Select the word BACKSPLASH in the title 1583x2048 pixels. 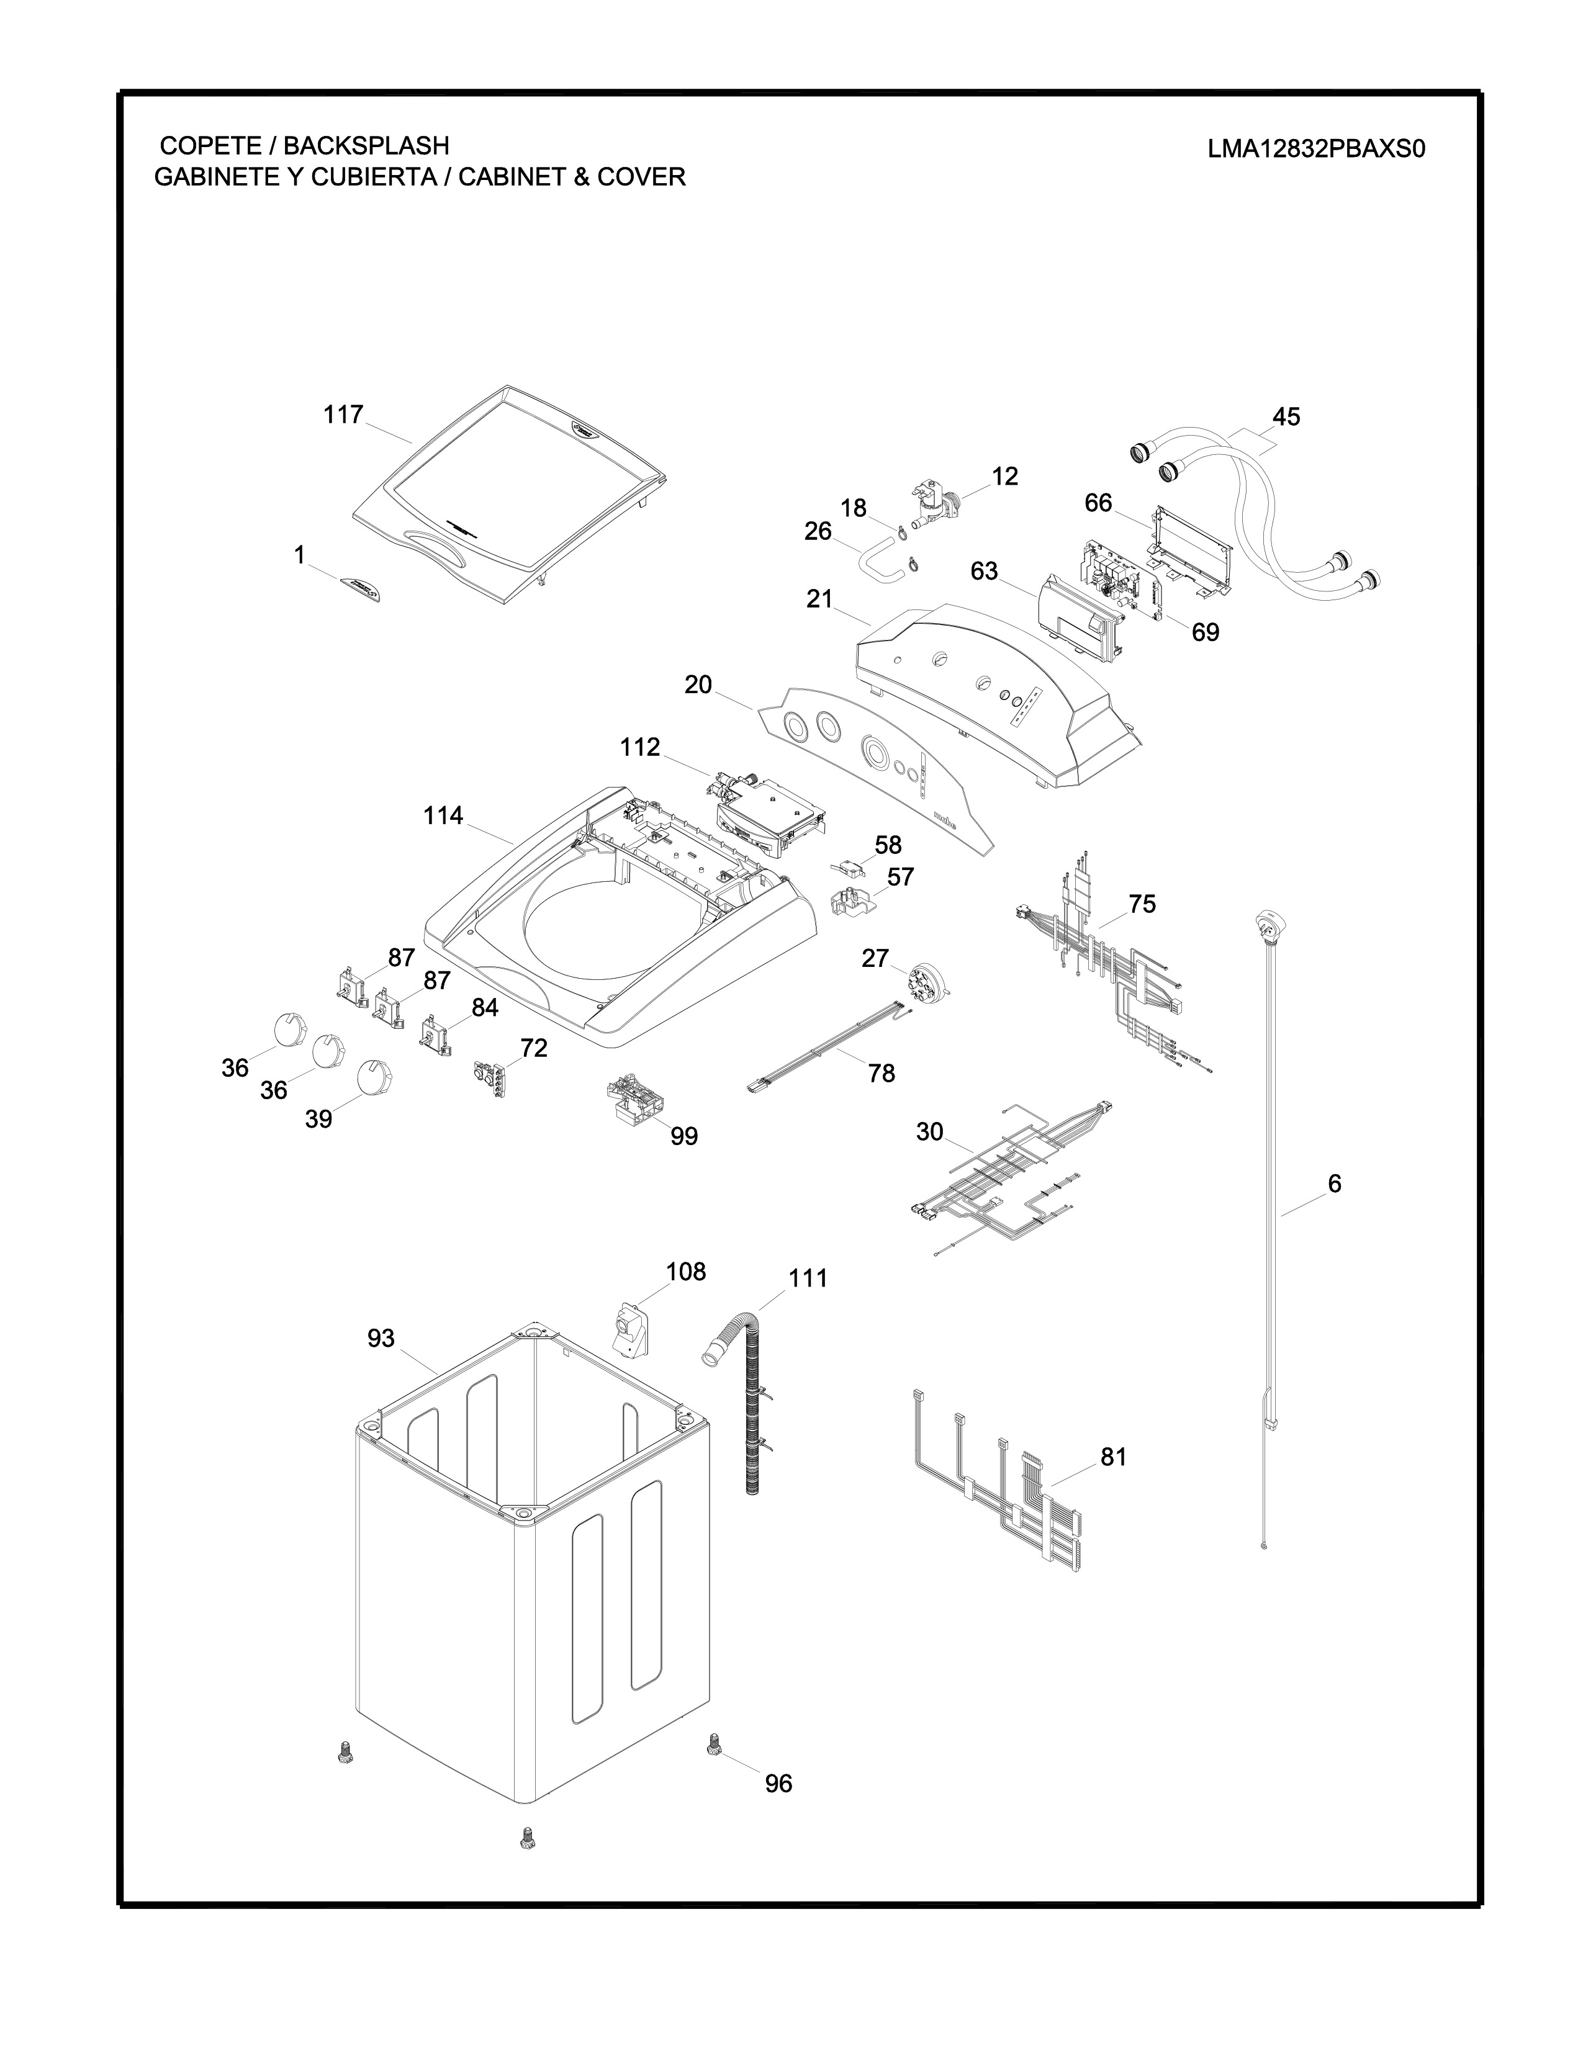pos(367,145)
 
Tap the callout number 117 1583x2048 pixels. pos(343,415)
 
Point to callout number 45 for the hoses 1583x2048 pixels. pos(1286,416)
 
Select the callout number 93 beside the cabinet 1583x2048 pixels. pos(381,1338)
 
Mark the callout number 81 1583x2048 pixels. pos(1113,1457)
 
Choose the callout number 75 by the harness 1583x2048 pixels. pos(1141,904)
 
